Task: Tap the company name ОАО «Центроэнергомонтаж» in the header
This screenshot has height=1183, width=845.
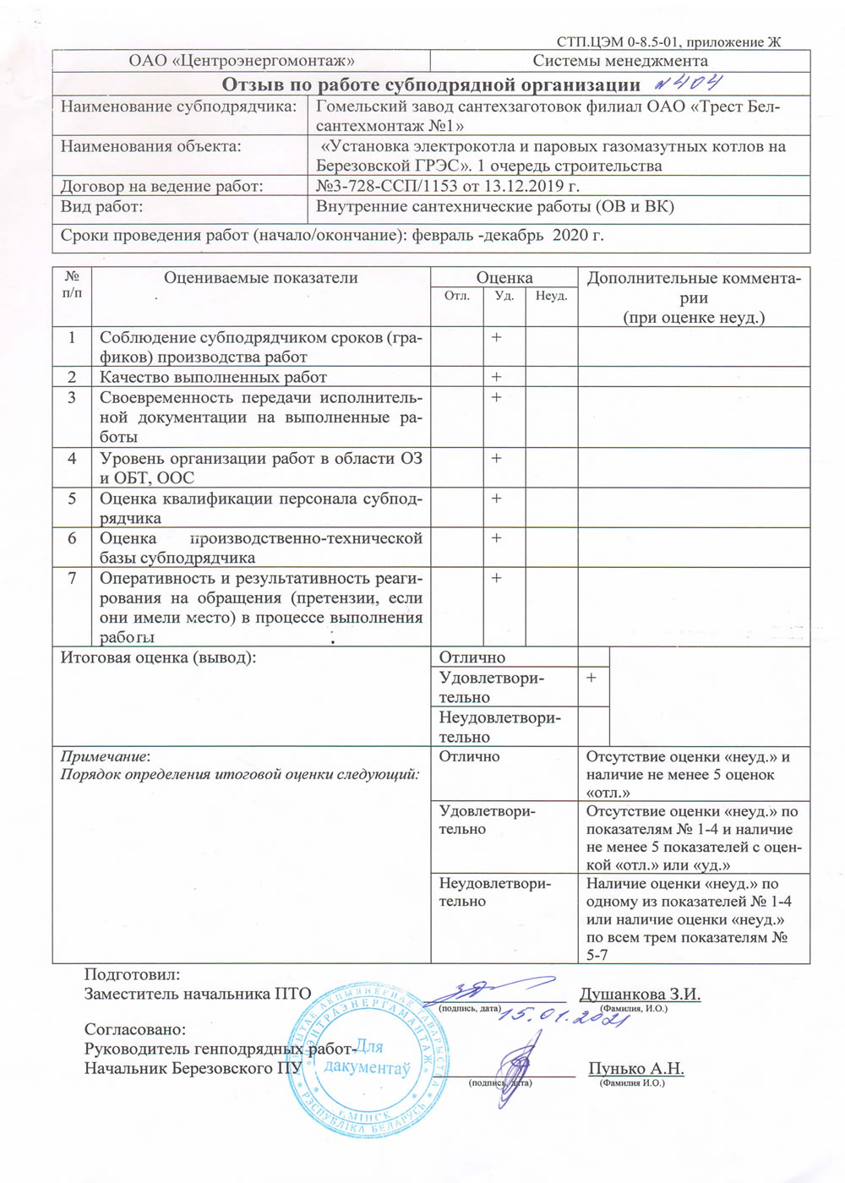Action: coord(241,61)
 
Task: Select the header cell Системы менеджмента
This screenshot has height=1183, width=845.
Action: coord(619,61)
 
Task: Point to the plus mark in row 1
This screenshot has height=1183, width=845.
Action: coord(496,337)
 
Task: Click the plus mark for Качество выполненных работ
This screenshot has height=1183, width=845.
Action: coord(496,377)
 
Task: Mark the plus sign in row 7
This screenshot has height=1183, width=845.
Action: coord(496,578)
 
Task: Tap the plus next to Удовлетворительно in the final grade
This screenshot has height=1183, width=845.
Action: coord(591,678)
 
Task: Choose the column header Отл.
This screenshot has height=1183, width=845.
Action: coord(457,296)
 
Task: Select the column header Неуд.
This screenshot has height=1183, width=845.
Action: coord(551,296)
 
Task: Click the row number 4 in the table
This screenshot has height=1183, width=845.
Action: coord(72,458)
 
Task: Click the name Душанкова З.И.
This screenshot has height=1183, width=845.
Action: coord(640,994)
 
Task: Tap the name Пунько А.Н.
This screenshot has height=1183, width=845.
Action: coord(635,1068)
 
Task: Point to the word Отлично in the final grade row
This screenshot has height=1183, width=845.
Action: coord(472,657)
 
